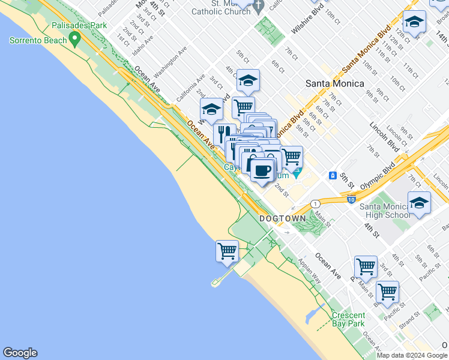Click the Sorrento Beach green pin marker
tap(75, 40)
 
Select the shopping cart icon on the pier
tap(228, 251)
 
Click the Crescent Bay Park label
tap(348, 319)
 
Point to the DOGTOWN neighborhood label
tap(283, 219)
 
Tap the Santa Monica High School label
tap(385, 211)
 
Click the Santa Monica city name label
tap(332, 83)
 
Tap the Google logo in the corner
tap(20, 353)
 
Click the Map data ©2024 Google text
tap(412, 355)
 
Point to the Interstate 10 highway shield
tap(352, 199)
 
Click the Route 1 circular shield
tap(315, 204)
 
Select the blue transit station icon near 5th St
tap(332, 175)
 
